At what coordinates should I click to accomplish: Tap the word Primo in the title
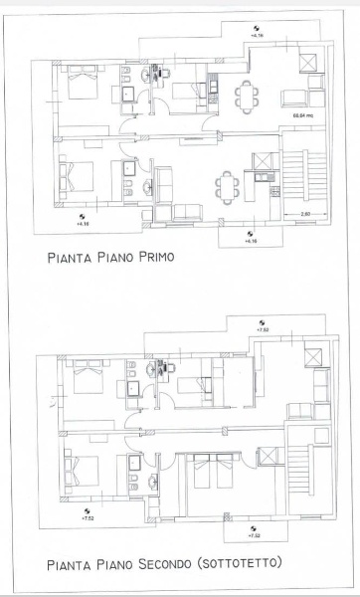point(151,257)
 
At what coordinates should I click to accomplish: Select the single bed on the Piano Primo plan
point(185,92)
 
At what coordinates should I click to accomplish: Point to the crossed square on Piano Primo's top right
point(309,62)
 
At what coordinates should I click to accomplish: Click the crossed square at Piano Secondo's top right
point(310,359)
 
